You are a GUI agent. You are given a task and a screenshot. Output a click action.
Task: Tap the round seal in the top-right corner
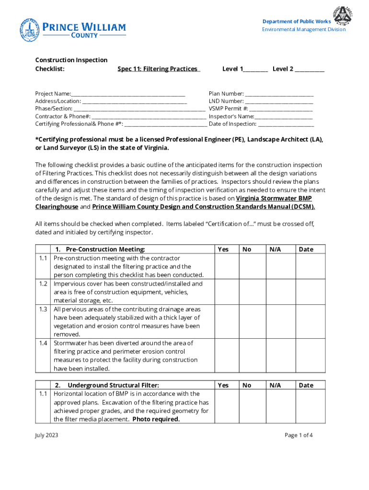coord(344,16)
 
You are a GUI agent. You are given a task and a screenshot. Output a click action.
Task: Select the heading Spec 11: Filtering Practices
coord(159,69)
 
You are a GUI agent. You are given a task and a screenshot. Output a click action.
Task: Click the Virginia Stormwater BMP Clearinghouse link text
coord(280,198)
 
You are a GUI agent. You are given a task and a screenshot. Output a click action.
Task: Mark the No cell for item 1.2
coord(253,292)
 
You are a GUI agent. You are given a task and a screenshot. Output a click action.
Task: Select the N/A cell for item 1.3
coord(280,322)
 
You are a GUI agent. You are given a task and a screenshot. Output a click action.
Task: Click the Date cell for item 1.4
coord(310,356)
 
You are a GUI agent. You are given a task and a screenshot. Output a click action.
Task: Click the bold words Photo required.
coord(156,420)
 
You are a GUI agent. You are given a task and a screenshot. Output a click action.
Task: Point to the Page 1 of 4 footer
coord(299,435)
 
